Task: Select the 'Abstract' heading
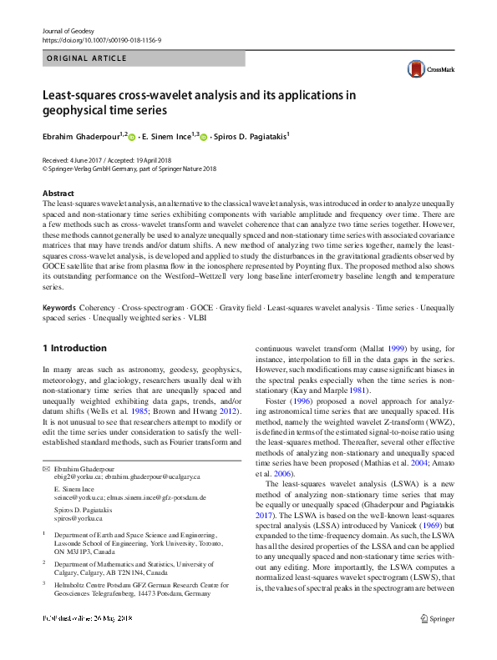click(58, 194)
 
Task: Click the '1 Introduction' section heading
click(74, 348)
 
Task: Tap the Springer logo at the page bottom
click(439, 642)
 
